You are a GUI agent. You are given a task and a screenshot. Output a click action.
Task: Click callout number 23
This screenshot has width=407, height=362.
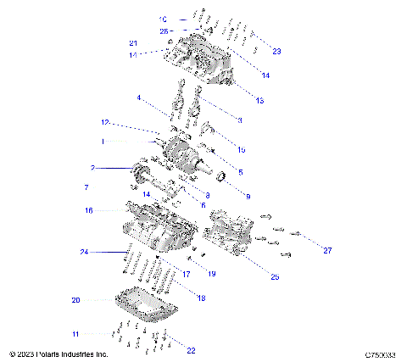(276, 51)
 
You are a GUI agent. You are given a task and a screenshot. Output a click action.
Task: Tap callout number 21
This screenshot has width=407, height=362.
(133, 43)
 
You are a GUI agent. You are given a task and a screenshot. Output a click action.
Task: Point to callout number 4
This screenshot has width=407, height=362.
(138, 98)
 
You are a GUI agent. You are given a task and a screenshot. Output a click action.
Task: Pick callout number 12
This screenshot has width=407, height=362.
(106, 123)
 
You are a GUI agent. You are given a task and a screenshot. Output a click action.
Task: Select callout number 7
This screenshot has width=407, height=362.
(86, 186)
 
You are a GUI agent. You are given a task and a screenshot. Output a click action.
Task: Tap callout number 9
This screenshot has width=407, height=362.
(248, 196)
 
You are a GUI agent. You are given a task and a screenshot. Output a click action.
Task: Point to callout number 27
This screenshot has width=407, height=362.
(327, 250)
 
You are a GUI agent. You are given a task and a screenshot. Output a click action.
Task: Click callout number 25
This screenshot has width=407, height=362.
(274, 277)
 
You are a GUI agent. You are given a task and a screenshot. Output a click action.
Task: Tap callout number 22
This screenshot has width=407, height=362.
(190, 350)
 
